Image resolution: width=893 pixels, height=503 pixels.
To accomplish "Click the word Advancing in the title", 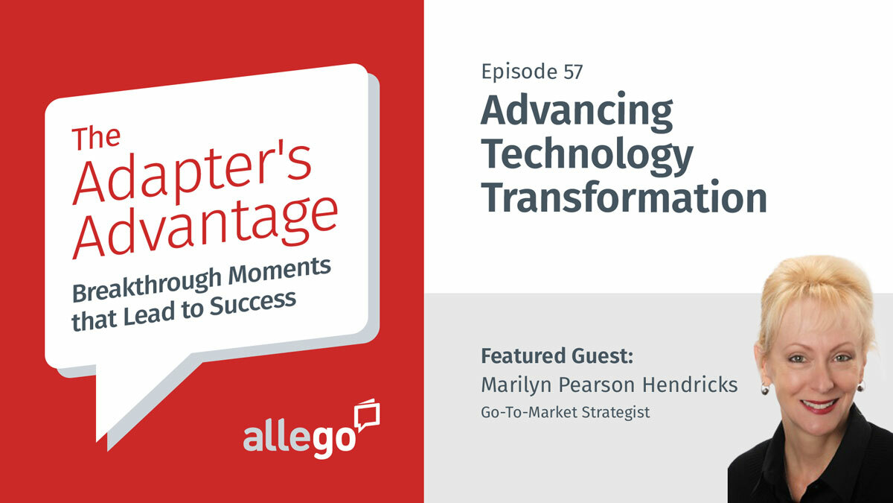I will (x=577, y=113).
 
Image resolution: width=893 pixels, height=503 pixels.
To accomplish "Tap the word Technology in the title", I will (x=586, y=154).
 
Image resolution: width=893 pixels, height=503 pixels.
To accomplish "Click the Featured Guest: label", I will (x=557, y=355).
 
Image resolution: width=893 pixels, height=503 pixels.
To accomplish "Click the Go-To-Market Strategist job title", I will (x=566, y=411).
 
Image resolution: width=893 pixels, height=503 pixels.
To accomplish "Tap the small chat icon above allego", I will (x=368, y=414).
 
